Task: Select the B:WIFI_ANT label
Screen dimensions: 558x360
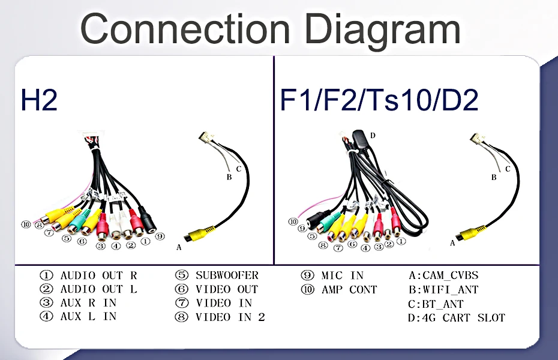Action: click(x=443, y=290)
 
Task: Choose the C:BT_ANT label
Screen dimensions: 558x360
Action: click(x=436, y=304)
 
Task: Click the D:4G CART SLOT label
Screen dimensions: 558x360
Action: click(x=456, y=318)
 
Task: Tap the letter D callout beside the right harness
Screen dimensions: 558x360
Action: click(x=373, y=136)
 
